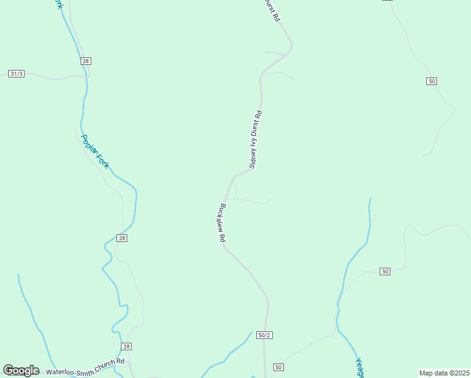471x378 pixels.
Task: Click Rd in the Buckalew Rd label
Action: coord(222,238)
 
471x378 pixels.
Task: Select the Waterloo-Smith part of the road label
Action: coord(69,370)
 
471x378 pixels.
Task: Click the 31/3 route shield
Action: coord(16,74)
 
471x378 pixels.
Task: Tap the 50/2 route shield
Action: coord(264,335)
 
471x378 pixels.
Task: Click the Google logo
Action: coord(21,370)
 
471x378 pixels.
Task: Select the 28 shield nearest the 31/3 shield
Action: coord(86,61)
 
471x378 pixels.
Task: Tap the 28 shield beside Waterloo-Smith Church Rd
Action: coord(126,346)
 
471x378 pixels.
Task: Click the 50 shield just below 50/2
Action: coord(278,367)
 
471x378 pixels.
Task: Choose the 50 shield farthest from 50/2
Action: coord(431,81)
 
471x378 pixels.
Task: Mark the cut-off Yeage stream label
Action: coord(360,368)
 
